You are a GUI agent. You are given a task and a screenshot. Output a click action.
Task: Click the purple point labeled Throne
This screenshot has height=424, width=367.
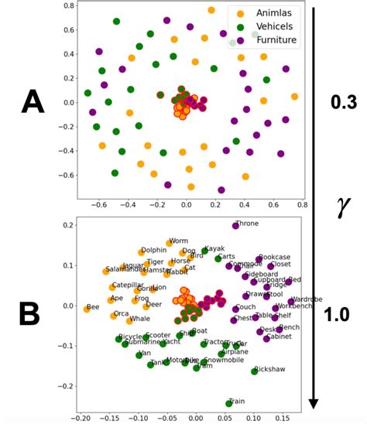[235, 225]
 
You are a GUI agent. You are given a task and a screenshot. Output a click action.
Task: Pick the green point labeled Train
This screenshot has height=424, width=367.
[229, 403]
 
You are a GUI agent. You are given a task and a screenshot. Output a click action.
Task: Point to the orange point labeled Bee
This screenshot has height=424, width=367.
[87, 309]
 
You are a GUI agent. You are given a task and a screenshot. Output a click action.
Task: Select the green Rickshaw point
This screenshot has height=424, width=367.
[254, 371]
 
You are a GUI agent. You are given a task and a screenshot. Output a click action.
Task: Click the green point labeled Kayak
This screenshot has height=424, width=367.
[205, 251]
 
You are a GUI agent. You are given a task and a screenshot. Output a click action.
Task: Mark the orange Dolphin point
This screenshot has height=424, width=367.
[142, 252]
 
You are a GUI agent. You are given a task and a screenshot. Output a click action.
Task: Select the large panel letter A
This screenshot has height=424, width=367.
[32, 101]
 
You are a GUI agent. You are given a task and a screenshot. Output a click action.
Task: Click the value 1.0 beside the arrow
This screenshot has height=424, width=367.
[338, 313]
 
